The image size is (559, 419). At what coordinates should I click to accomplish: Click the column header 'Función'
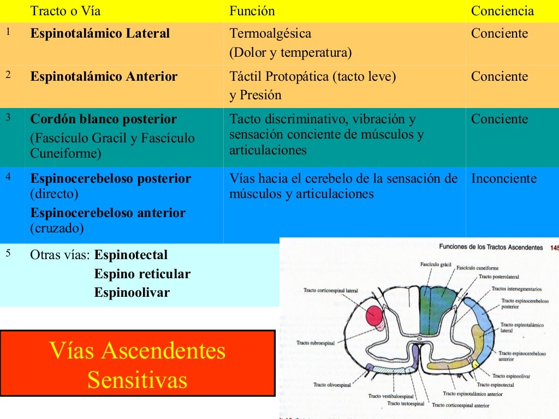(x=252, y=11)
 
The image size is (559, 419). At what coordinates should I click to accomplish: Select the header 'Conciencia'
(x=502, y=11)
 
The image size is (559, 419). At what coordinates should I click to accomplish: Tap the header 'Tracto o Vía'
(x=66, y=11)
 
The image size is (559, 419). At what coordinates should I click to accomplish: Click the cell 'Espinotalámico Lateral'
(x=100, y=34)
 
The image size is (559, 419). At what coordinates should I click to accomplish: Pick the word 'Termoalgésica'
(x=270, y=34)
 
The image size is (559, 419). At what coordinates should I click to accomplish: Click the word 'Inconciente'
(x=504, y=179)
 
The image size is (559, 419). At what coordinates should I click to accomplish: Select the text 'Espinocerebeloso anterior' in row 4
(x=108, y=213)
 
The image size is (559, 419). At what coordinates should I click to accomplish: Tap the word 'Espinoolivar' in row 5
(x=132, y=292)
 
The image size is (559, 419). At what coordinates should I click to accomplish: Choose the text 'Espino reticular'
(x=142, y=274)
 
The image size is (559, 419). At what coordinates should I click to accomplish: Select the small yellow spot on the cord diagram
(x=475, y=364)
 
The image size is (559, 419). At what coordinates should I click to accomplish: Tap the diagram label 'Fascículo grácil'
(x=436, y=264)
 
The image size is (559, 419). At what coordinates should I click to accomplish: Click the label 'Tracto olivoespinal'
(x=331, y=385)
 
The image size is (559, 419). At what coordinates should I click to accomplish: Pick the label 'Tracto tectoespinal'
(x=405, y=404)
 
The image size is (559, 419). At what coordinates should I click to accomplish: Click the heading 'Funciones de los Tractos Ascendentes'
(x=491, y=247)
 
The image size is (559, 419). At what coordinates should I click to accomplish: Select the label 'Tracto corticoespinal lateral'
(x=331, y=291)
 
